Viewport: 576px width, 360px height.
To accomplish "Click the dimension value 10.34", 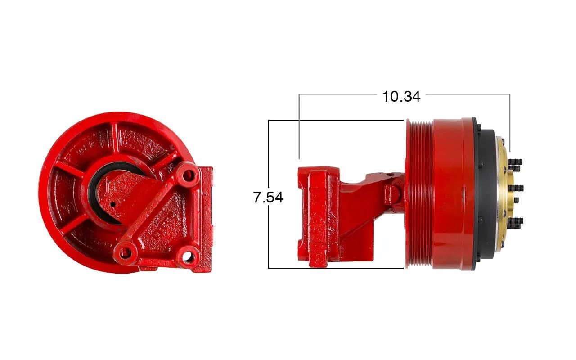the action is pos(401,97).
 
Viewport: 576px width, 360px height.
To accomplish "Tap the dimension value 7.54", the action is pos(268,197).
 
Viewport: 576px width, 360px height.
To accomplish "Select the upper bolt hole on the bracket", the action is pos(190,175).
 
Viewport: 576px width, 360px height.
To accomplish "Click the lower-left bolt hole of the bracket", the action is pos(126,253).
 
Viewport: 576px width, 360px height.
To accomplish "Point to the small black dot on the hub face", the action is pos(112,204).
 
